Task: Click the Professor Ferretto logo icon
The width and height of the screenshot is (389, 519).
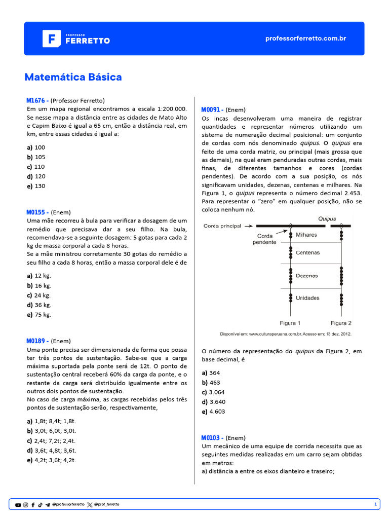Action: coord(51,39)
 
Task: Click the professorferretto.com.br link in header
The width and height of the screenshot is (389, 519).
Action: coord(305,39)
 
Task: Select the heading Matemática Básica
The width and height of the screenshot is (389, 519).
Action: coord(73,77)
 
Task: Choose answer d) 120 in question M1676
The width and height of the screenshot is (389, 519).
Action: coord(36,176)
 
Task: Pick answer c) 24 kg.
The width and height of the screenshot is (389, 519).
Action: coord(39,295)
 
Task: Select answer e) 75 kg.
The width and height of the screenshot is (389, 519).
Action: coord(39,314)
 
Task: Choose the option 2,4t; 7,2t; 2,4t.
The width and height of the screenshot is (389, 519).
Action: coord(51,440)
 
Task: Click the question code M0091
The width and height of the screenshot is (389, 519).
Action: coord(212,109)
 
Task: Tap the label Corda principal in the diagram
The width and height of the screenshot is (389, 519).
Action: coord(222,226)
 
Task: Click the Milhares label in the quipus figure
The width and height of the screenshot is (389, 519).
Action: coord(306,235)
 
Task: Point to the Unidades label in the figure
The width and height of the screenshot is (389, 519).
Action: coord(307,298)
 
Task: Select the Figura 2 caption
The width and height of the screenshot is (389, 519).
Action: coord(341,323)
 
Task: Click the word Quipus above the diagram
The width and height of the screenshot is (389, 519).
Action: coord(327,219)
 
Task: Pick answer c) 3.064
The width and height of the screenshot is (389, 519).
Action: coord(213,392)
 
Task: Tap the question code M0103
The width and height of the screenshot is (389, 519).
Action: coord(212,437)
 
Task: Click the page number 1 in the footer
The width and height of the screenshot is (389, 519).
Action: coord(375,504)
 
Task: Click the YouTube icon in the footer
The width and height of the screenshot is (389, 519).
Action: coord(18,505)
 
